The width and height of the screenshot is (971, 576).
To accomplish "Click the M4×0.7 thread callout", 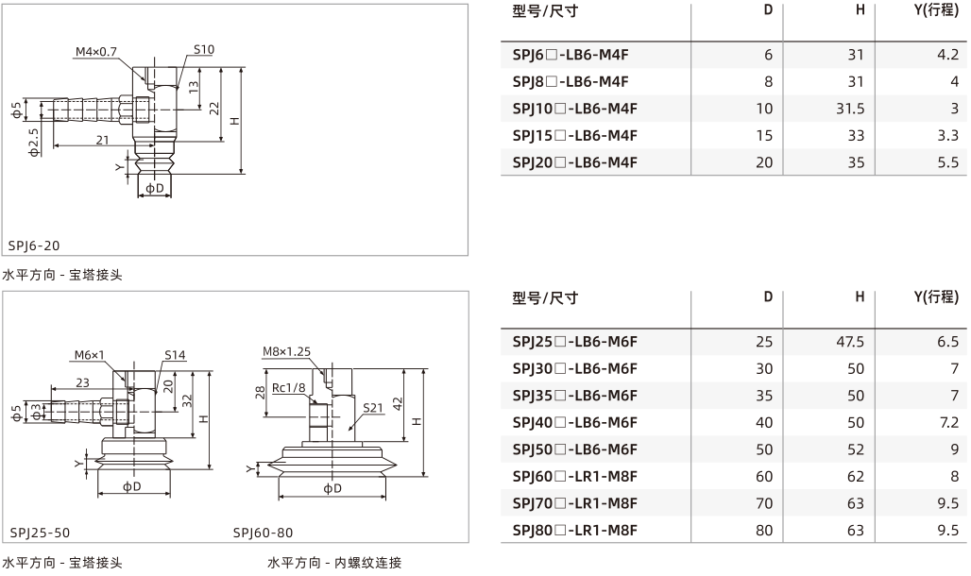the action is [96, 52].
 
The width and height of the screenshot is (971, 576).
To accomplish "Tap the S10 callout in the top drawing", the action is [204, 49].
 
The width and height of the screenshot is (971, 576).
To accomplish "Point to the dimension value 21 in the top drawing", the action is [102, 140].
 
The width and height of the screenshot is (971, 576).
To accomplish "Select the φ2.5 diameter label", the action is [33, 142].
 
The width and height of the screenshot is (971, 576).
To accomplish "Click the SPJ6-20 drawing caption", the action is [34, 246].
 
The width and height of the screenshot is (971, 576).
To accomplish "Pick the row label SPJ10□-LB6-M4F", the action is [574, 109].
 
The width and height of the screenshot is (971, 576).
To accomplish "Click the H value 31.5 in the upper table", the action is [850, 109].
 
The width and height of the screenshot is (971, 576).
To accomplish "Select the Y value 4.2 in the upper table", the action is [948, 55].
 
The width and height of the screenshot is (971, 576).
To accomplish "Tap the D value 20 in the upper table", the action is [764, 163].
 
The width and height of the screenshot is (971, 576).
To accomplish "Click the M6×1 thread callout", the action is [90, 355].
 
